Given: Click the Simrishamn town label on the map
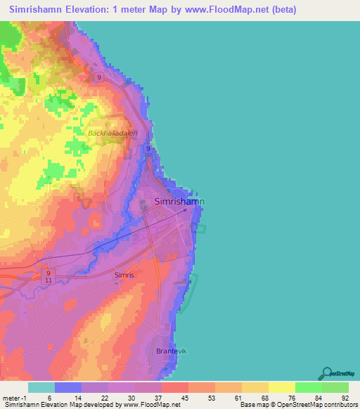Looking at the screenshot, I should click(x=179, y=202).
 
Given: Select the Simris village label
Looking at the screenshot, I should click(x=124, y=275).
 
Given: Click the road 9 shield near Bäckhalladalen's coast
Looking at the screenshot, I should click(x=148, y=149).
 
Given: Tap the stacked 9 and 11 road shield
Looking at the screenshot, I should click(x=49, y=275).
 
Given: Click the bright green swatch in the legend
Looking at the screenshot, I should click(x=308, y=387).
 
